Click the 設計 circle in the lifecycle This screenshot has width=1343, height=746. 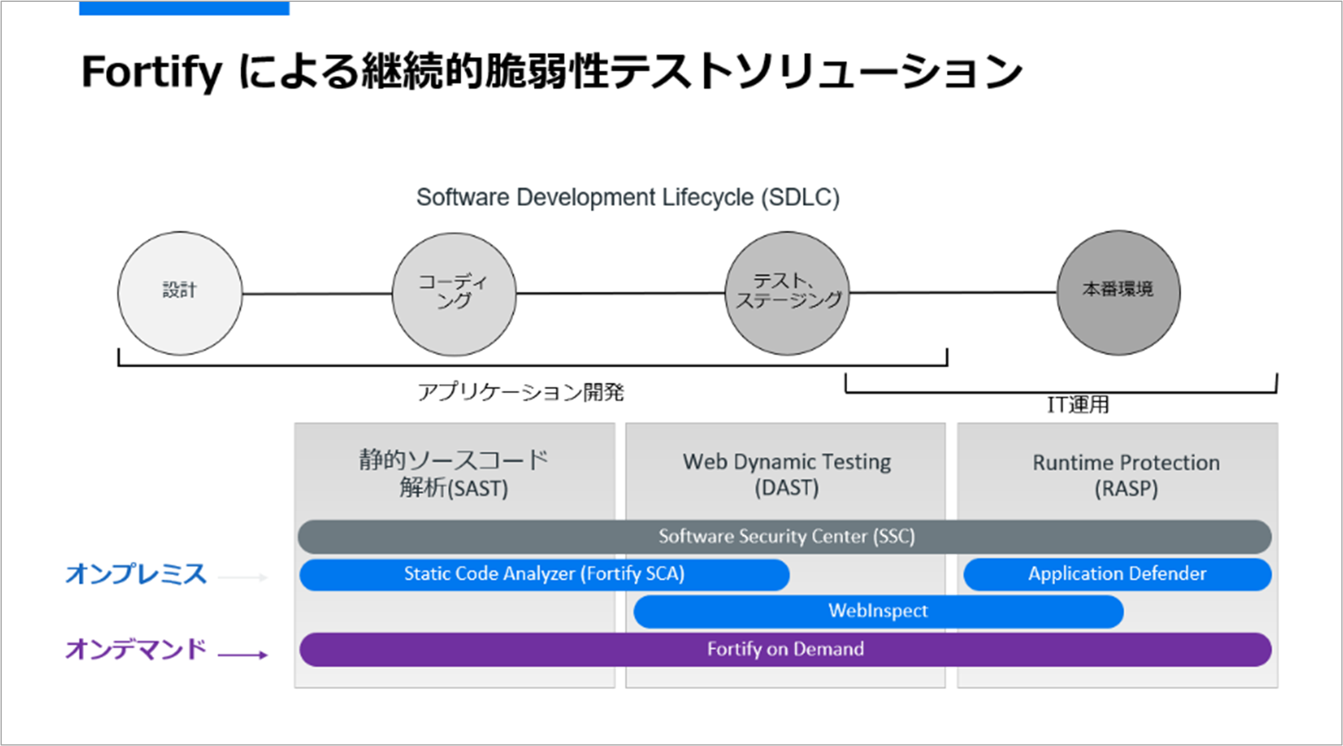[x=180, y=293]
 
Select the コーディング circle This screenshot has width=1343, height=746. [x=454, y=294]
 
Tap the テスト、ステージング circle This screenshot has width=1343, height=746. [x=787, y=293]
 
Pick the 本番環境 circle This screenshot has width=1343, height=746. [x=1118, y=292]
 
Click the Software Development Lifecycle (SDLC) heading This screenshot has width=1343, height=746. [x=627, y=197]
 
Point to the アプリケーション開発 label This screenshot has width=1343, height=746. [x=520, y=392]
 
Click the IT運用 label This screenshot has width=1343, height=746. [x=1077, y=405]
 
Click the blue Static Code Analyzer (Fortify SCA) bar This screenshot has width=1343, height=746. [x=544, y=575]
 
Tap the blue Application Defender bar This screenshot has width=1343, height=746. [x=1117, y=575]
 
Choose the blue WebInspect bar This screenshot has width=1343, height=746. [x=878, y=611]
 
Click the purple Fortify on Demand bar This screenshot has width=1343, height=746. [x=785, y=649]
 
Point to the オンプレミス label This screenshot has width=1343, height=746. [x=136, y=574]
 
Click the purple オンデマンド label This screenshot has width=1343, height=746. [x=136, y=649]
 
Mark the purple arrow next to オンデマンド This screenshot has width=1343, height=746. [x=243, y=655]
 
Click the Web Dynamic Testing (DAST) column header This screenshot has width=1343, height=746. [x=787, y=475]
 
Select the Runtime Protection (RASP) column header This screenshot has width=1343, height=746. [x=1126, y=475]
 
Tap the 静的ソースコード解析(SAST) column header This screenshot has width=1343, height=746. [x=454, y=474]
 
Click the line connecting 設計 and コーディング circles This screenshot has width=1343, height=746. [x=317, y=294]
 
